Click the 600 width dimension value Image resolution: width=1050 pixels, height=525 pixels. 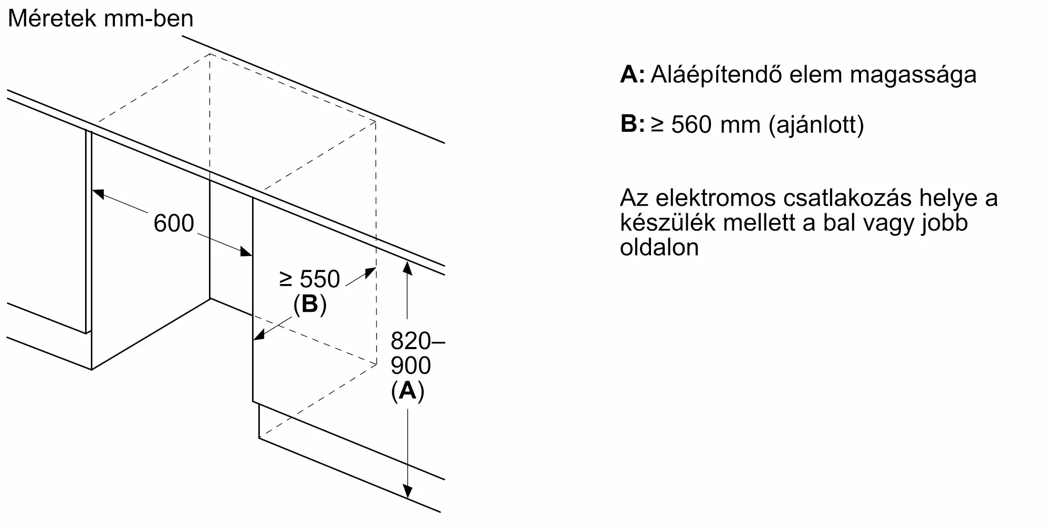click(174, 223)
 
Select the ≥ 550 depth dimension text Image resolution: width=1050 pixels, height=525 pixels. click(310, 279)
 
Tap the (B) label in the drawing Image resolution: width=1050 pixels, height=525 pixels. click(310, 304)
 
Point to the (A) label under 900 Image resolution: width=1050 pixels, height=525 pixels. click(407, 391)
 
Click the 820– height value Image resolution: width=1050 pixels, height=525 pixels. click(417, 341)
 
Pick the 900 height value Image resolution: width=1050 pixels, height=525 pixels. click(411, 366)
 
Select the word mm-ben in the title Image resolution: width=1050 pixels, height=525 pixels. click(149, 19)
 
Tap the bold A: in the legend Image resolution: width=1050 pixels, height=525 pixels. click(632, 75)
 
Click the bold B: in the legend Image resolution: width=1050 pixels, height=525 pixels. click(632, 124)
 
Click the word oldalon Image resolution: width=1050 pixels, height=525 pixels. click(659, 247)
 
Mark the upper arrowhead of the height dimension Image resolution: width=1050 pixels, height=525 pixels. click(407, 267)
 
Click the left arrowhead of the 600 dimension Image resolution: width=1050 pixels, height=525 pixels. click(99, 194)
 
